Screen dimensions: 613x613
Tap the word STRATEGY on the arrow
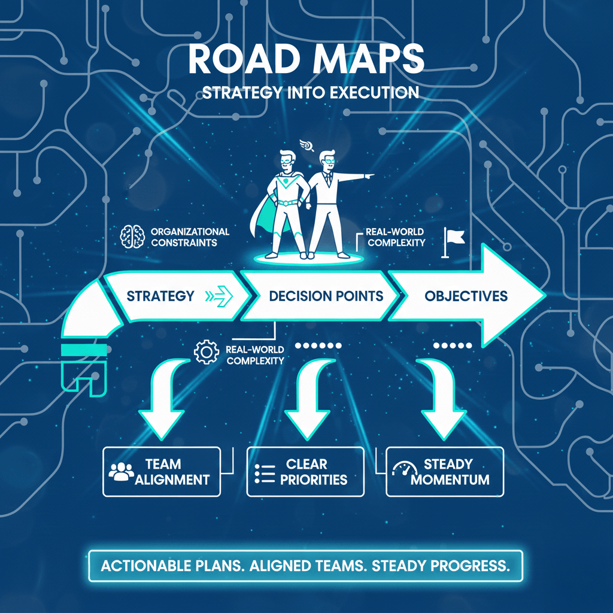(160, 296)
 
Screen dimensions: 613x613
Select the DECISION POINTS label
(326, 296)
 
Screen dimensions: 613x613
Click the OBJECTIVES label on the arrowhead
(466, 296)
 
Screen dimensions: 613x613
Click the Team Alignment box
(162, 472)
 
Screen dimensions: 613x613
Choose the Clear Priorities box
(305, 472)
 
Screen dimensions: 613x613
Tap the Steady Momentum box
(445, 472)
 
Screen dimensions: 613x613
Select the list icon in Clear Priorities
(265, 472)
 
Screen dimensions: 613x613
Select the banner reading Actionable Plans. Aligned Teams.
(306, 566)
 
